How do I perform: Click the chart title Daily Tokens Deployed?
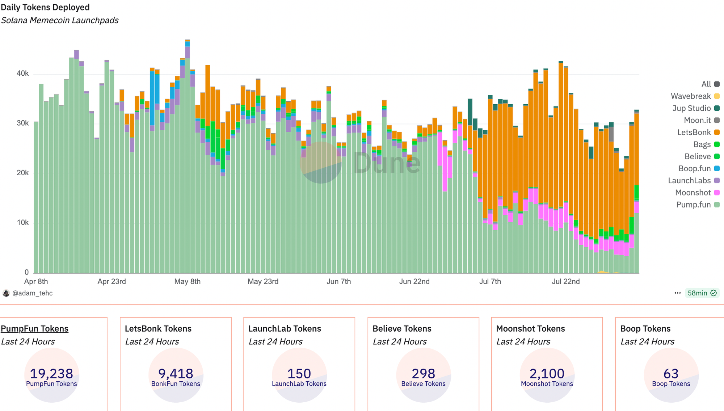[x=45, y=7]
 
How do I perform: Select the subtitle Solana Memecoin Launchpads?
[x=60, y=20]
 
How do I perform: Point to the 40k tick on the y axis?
[x=22, y=74]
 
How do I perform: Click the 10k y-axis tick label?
[x=22, y=223]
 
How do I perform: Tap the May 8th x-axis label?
[x=187, y=281]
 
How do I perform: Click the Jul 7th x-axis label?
[x=490, y=281]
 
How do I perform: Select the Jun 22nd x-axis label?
[x=414, y=281]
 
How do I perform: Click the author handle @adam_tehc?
[x=32, y=293]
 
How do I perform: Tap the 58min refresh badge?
[x=702, y=293]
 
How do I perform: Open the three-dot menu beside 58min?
[x=677, y=293]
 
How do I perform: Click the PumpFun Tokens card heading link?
[x=35, y=328]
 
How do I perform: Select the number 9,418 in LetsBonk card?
[x=176, y=373]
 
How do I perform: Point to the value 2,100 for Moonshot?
[x=547, y=373]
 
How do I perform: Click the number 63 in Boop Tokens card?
[x=671, y=373]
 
